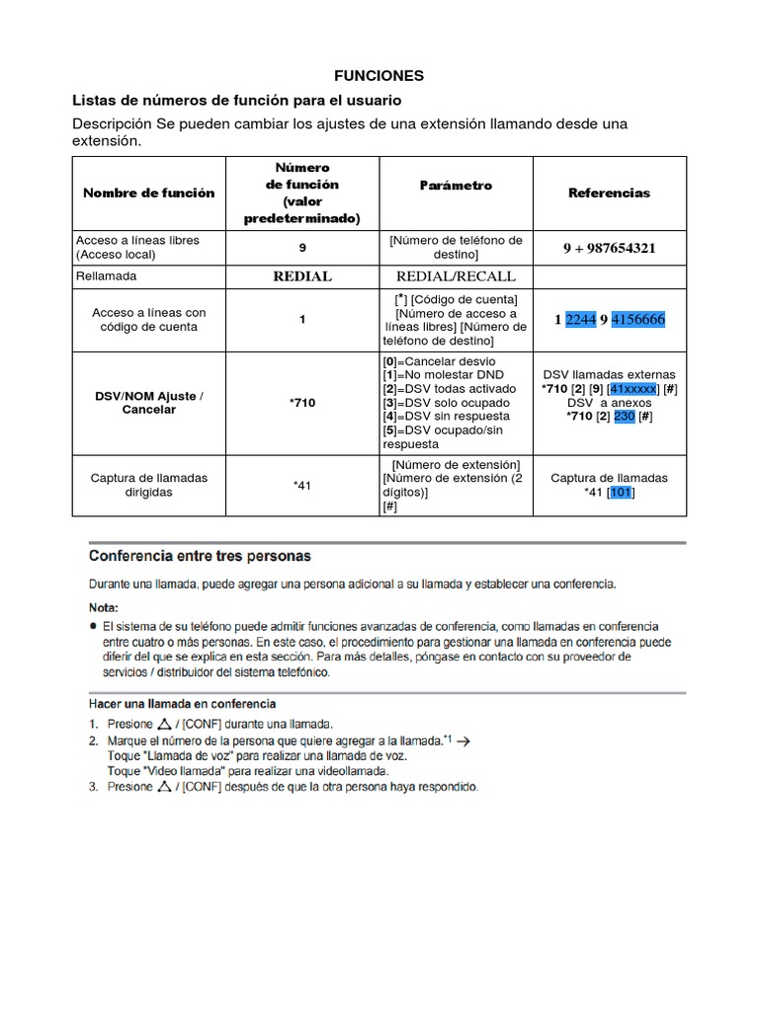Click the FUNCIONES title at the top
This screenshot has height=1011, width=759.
pyautogui.click(x=379, y=75)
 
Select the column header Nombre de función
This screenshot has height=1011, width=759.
pyautogui.click(x=148, y=193)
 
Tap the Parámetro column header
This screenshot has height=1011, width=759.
pyautogui.click(x=456, y=186)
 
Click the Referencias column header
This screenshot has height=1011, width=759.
pyautogui.click(x=609, y=193)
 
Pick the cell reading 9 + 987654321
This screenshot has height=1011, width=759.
pyautogui.click(x=609, y=248)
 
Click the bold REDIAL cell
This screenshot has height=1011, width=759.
pyautogui.click(x=302, y=276)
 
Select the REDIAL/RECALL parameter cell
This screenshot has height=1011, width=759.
pyautogui.click(x=456, y=276)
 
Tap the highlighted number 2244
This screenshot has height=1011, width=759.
pyautogui.click(x=581, y=319)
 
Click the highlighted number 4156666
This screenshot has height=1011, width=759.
pyautogui.click(x=637, y=319)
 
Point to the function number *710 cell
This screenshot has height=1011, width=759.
pyautogui.click(x=302, y=403)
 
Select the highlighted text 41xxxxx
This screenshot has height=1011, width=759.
pyautogui.click(x=632, y=389)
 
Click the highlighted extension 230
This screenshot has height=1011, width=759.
pyautogui.click(x=625, y=417)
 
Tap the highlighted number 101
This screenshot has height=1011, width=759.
pyautogui.click(x=621, y=492)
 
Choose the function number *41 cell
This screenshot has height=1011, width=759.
pyautogui.click(x=302, y=485)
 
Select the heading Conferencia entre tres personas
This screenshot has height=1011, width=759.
pyautogui.click(x=201, y=556)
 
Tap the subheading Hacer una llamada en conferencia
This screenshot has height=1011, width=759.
pyautogui.click(x=183, y=704)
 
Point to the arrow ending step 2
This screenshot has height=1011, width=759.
pyautogui.click(x=464, y=739)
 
